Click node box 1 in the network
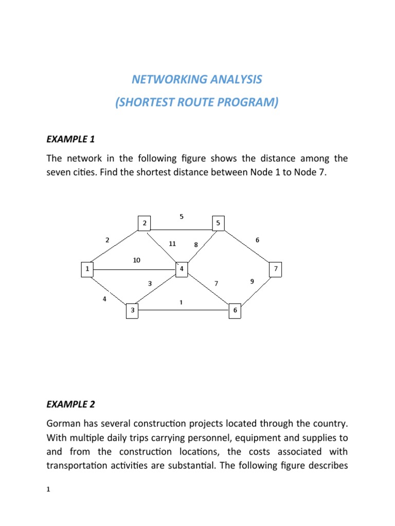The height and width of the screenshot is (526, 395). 88,269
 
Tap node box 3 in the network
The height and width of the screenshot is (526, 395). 132,310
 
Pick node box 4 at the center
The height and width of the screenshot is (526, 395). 182,269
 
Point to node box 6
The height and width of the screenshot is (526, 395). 235,310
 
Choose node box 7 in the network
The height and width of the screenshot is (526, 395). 276,269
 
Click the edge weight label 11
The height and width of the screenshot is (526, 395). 172,244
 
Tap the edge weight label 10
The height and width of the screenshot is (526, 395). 136,260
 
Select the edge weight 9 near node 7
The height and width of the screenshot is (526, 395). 252,281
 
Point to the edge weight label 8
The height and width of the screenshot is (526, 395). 196,245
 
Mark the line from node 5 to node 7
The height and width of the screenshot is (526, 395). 247,246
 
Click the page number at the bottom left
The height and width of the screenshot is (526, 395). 48,491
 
